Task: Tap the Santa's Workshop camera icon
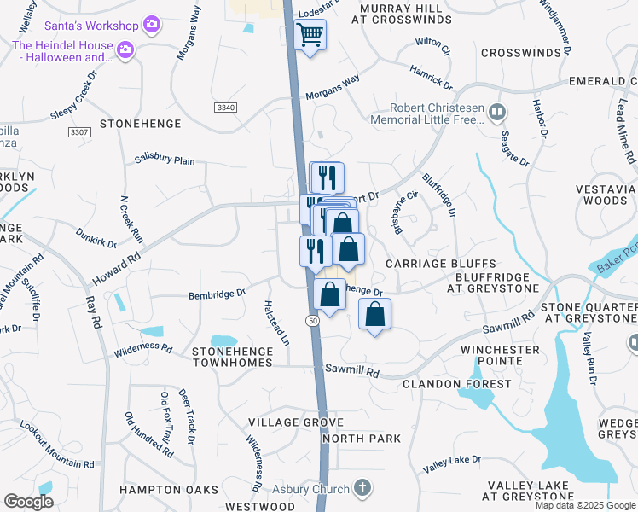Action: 153,23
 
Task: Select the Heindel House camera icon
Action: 125,51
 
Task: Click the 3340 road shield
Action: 225,107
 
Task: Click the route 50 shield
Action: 313,319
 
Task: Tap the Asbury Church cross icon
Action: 362,489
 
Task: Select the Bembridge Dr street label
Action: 217,294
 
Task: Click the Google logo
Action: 29,502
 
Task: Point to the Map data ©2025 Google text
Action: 585,505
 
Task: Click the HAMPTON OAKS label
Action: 162,490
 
